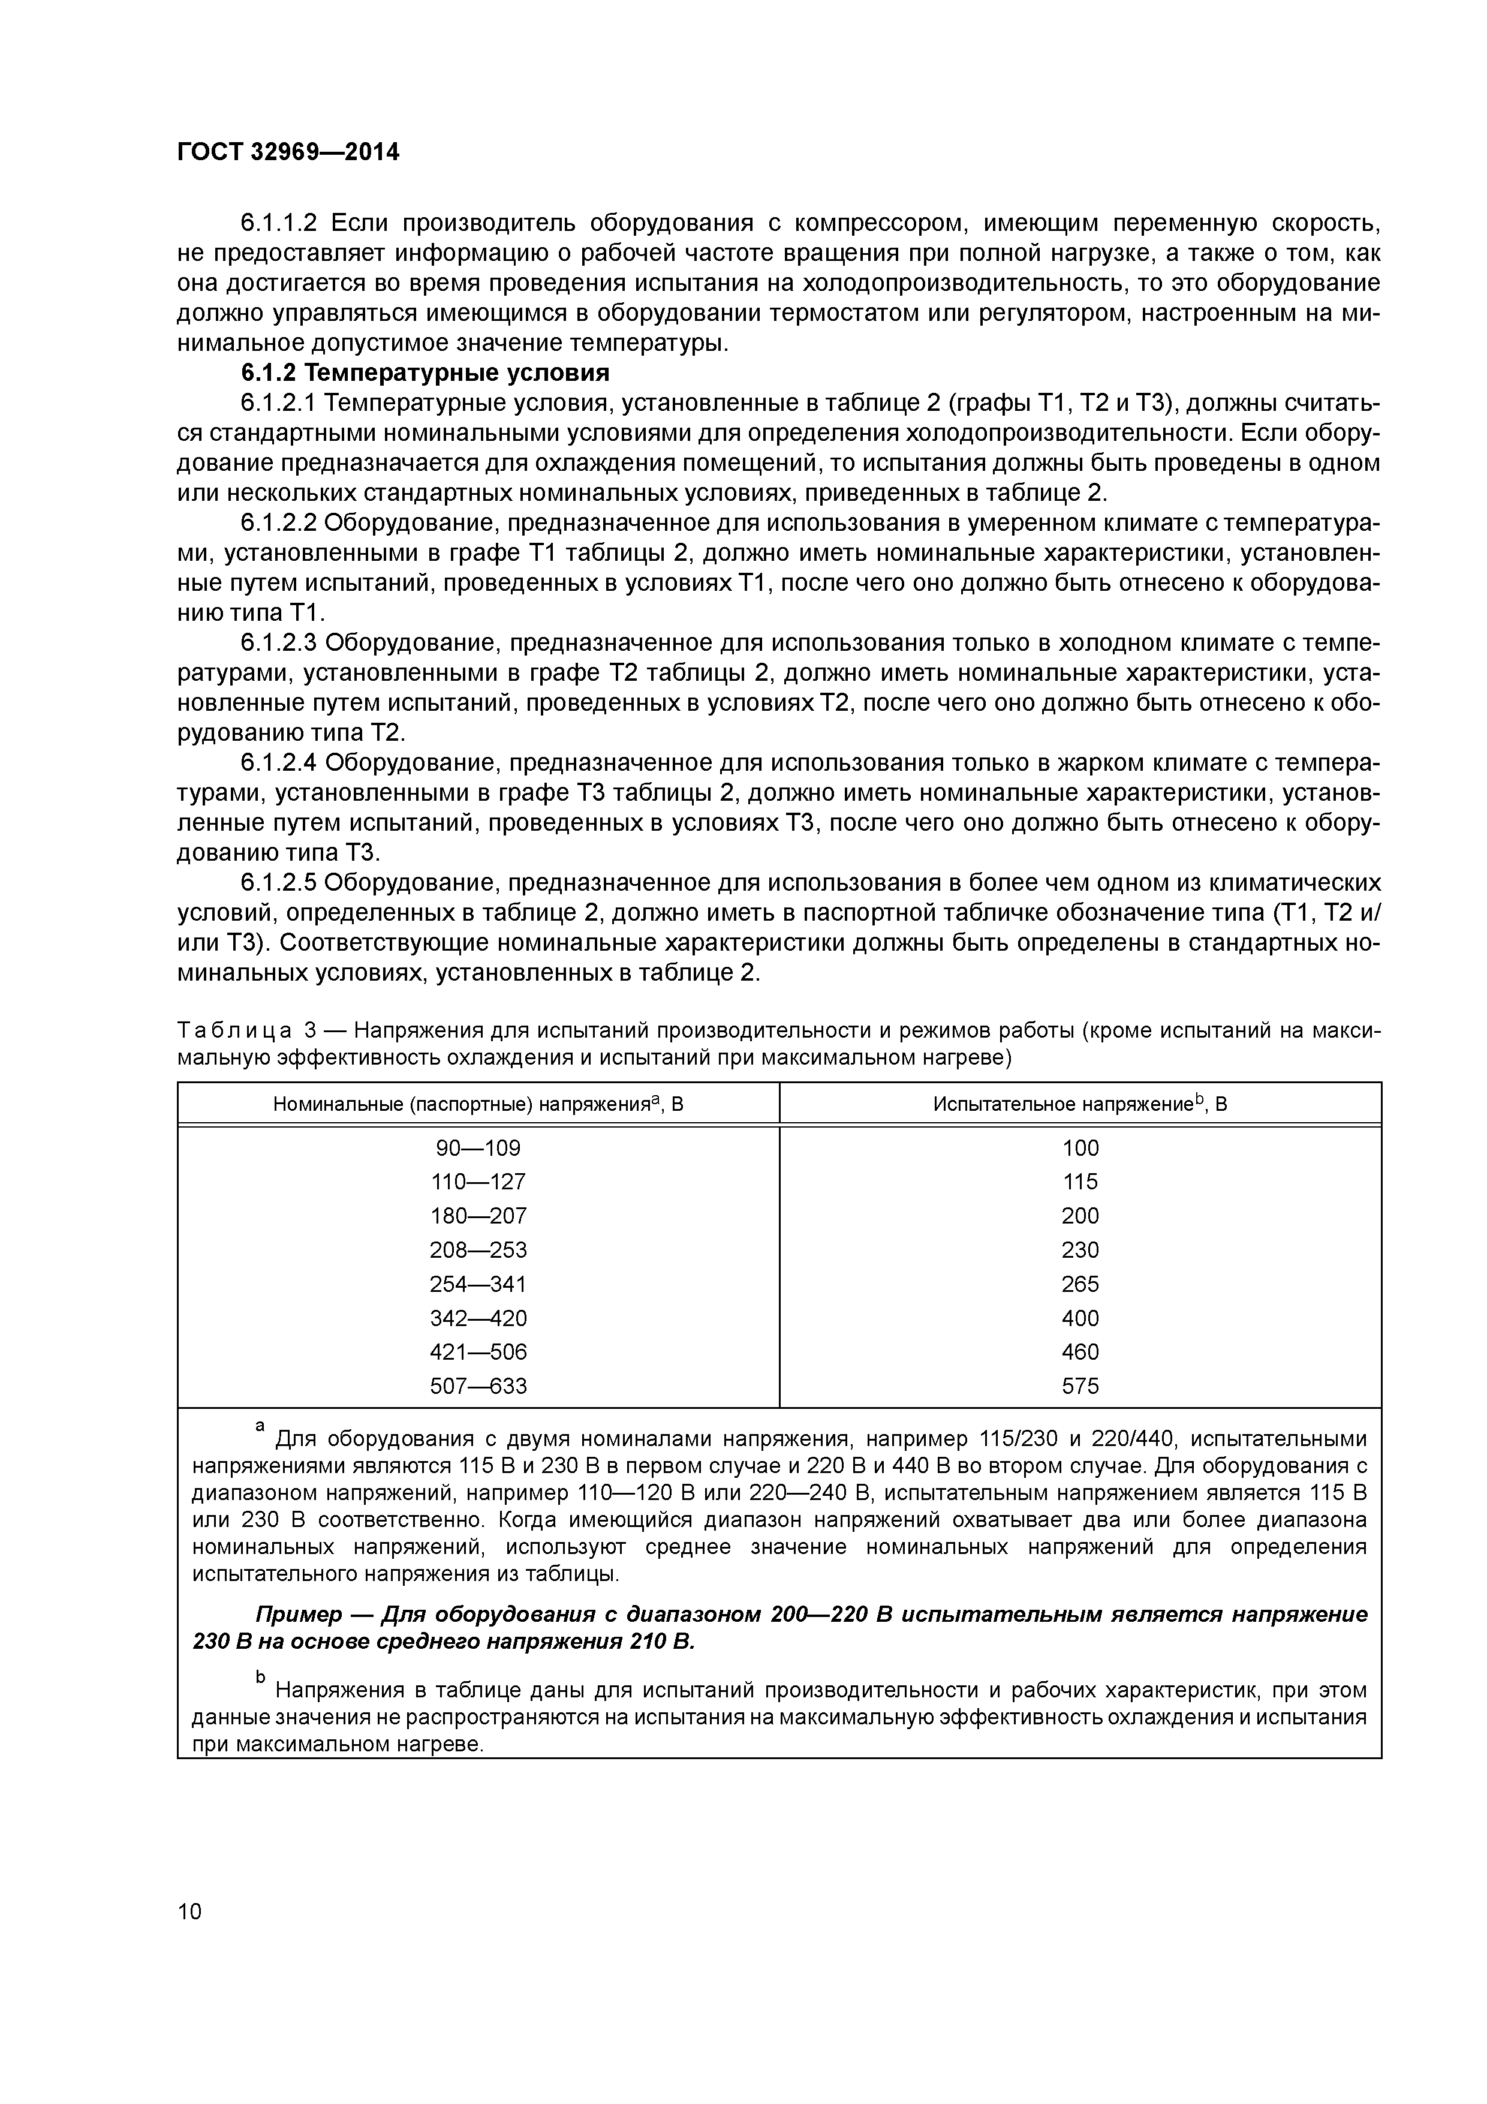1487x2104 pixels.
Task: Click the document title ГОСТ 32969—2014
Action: pos(288,152)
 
